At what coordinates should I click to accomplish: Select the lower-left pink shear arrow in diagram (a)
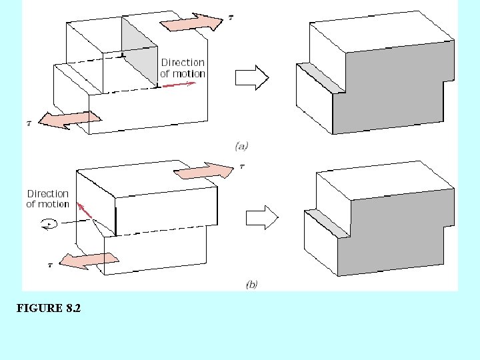(69, 120)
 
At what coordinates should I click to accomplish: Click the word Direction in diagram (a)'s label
(183, 63)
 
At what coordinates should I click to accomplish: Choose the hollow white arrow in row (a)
(252, 78)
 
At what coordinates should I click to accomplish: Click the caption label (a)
(241, 145)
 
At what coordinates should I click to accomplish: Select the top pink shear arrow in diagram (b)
(204, 171)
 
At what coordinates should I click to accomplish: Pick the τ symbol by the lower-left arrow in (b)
(50, 265)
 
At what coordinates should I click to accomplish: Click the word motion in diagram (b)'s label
(47, 204)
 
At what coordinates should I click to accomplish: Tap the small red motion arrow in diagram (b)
(84, 211)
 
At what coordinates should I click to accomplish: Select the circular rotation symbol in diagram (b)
(47, 225)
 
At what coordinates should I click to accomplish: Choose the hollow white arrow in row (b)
(261, 217)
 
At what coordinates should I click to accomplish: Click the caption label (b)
(251, 285)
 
